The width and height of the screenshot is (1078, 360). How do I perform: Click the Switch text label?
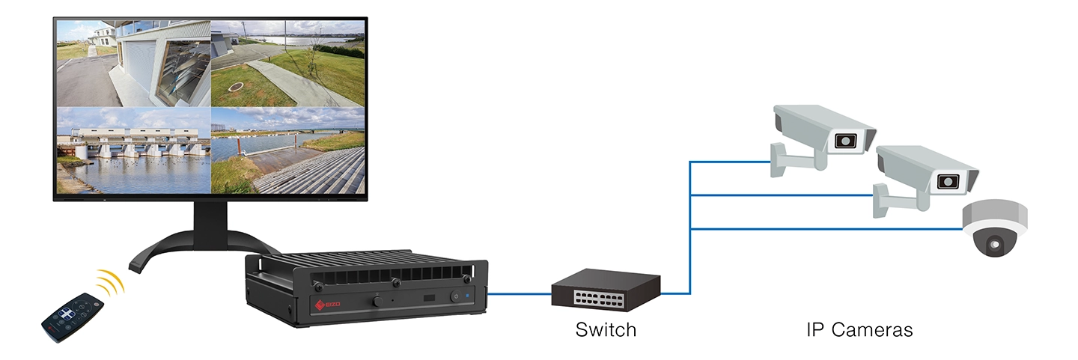[x=606, y=329]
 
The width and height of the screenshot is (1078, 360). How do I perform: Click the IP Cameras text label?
[x=859, y=329]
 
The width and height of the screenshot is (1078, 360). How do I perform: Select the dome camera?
[x=994, y=228]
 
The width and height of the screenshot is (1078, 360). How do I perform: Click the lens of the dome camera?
[x=995, y=243]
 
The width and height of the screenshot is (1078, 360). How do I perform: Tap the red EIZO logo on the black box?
[x=320, y=304]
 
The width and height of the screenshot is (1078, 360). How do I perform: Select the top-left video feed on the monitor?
[x=133, y=64]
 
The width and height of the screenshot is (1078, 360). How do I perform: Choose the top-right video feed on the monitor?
[x=287, y=64]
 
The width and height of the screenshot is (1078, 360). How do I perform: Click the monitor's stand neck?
[x=205, y=222]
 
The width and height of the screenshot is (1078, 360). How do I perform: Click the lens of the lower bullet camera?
[x=948, y=180]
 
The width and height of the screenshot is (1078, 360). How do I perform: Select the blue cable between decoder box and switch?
[x=520, y=294]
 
